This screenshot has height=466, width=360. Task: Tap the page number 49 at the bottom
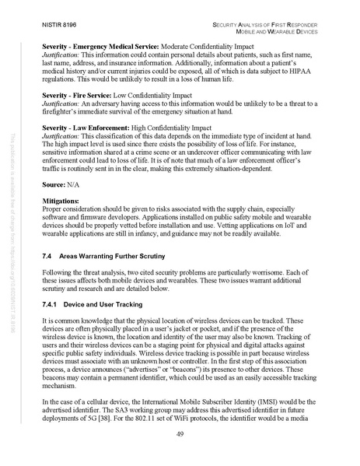point(179,433)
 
